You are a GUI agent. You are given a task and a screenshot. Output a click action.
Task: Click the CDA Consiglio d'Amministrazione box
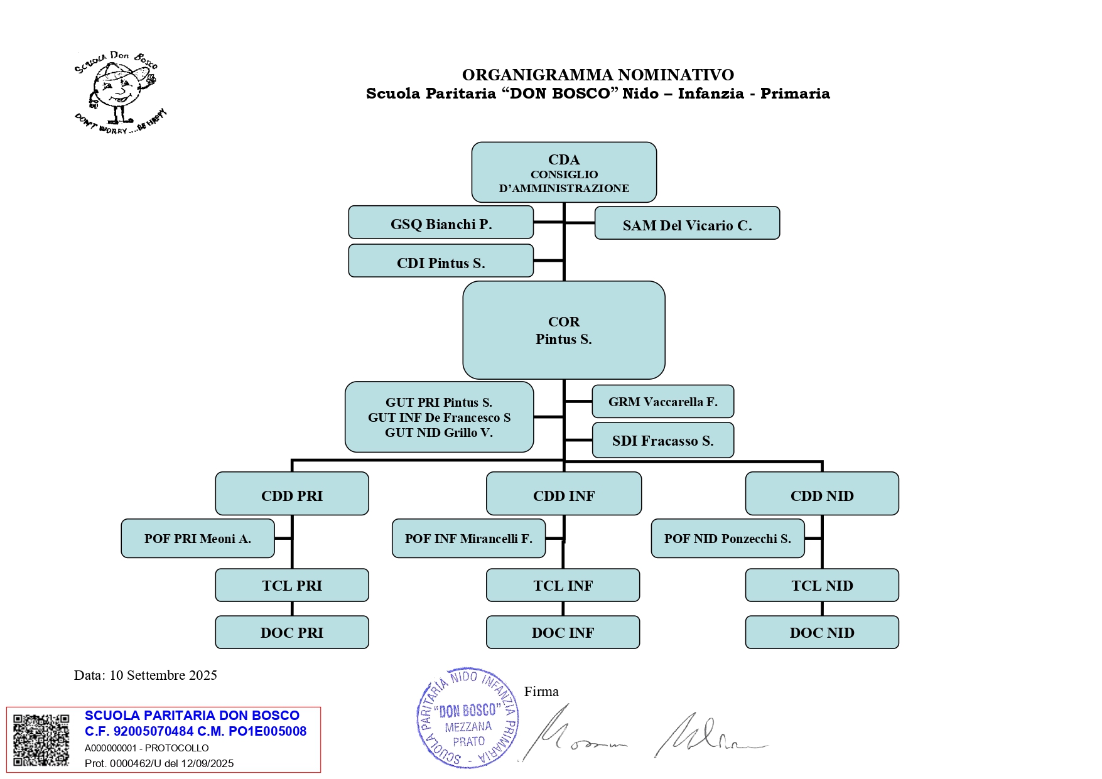[x=564, y=173]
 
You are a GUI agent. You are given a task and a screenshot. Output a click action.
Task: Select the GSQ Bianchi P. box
[x=441, y=223]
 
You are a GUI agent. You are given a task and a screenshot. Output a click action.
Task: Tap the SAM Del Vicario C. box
[x=687, y=223]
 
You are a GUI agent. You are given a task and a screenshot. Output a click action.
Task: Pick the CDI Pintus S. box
[x=441, y=261]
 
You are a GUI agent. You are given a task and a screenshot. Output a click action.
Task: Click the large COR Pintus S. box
[x=564, y=330]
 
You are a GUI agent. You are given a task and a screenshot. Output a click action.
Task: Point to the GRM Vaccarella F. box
[x=662, y=402]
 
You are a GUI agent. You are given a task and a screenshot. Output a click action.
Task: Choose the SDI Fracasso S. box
[x=662, y=441]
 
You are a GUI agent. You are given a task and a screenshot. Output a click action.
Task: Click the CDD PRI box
[x=292, y=494]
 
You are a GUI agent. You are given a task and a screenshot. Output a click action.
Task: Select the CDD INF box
[x=564, y=494]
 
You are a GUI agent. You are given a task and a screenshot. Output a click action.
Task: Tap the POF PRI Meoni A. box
[x=198, y=539]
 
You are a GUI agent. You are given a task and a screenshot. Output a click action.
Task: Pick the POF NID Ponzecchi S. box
[x=728, y=539]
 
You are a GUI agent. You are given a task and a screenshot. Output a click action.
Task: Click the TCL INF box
[x=563, y=586]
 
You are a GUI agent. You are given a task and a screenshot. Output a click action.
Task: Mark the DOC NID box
[x=822, y=632]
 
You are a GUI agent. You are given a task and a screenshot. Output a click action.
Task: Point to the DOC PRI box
[x=292, y=632]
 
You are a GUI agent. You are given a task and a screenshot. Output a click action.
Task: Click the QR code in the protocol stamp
[x=41, y=740]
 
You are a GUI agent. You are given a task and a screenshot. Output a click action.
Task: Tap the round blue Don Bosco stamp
[x=468, y=717]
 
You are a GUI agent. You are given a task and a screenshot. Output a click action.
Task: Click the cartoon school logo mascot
[x=119, y=92]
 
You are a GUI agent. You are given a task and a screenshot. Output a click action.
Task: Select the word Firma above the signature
[x=541, y=692]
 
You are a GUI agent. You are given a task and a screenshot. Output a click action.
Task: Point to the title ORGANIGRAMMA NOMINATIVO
[x=598, y=75]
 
